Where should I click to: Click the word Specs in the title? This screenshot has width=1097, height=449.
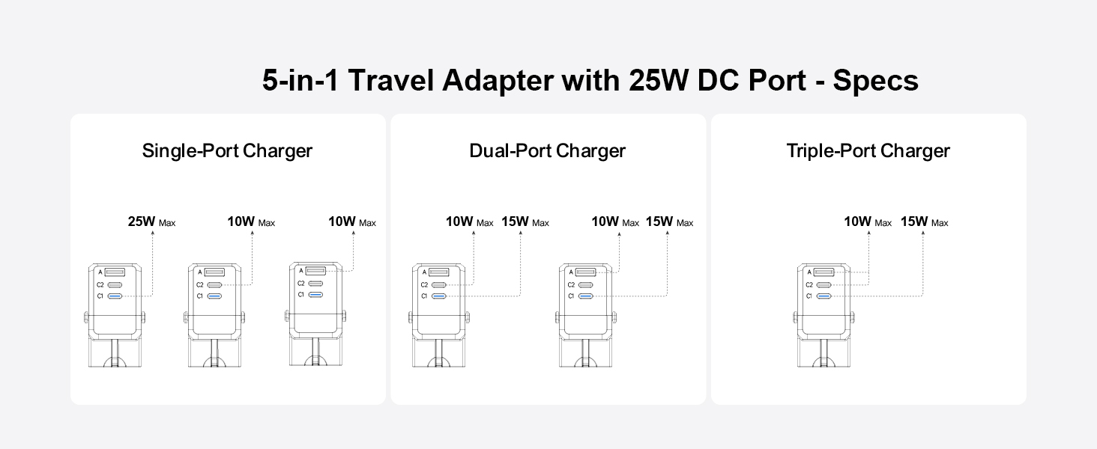876,81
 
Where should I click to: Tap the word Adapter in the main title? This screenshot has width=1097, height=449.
498,81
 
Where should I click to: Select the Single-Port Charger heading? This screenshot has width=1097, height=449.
227,151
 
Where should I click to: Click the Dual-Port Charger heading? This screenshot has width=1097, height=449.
548,151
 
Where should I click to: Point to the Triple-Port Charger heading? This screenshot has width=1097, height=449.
868,151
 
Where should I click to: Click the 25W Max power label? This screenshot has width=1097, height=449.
151,222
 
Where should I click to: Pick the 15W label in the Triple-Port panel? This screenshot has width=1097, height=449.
924,222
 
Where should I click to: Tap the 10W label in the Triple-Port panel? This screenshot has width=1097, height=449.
867,222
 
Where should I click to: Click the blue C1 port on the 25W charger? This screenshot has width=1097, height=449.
115,296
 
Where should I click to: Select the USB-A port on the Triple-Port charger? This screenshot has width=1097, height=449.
823,272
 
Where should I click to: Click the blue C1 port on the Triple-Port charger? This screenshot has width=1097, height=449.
823,296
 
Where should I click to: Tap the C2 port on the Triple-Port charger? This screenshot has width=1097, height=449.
823,284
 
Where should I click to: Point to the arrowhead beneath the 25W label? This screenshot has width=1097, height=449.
153,233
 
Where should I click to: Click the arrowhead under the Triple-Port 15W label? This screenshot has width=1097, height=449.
923,233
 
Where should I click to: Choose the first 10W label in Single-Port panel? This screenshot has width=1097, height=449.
251,222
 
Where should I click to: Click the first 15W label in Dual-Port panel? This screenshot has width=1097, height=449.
525,222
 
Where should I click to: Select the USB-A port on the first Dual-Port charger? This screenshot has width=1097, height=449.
439,272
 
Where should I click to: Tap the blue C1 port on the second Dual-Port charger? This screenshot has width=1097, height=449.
586,296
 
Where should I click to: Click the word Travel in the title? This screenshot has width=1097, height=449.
391,81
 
